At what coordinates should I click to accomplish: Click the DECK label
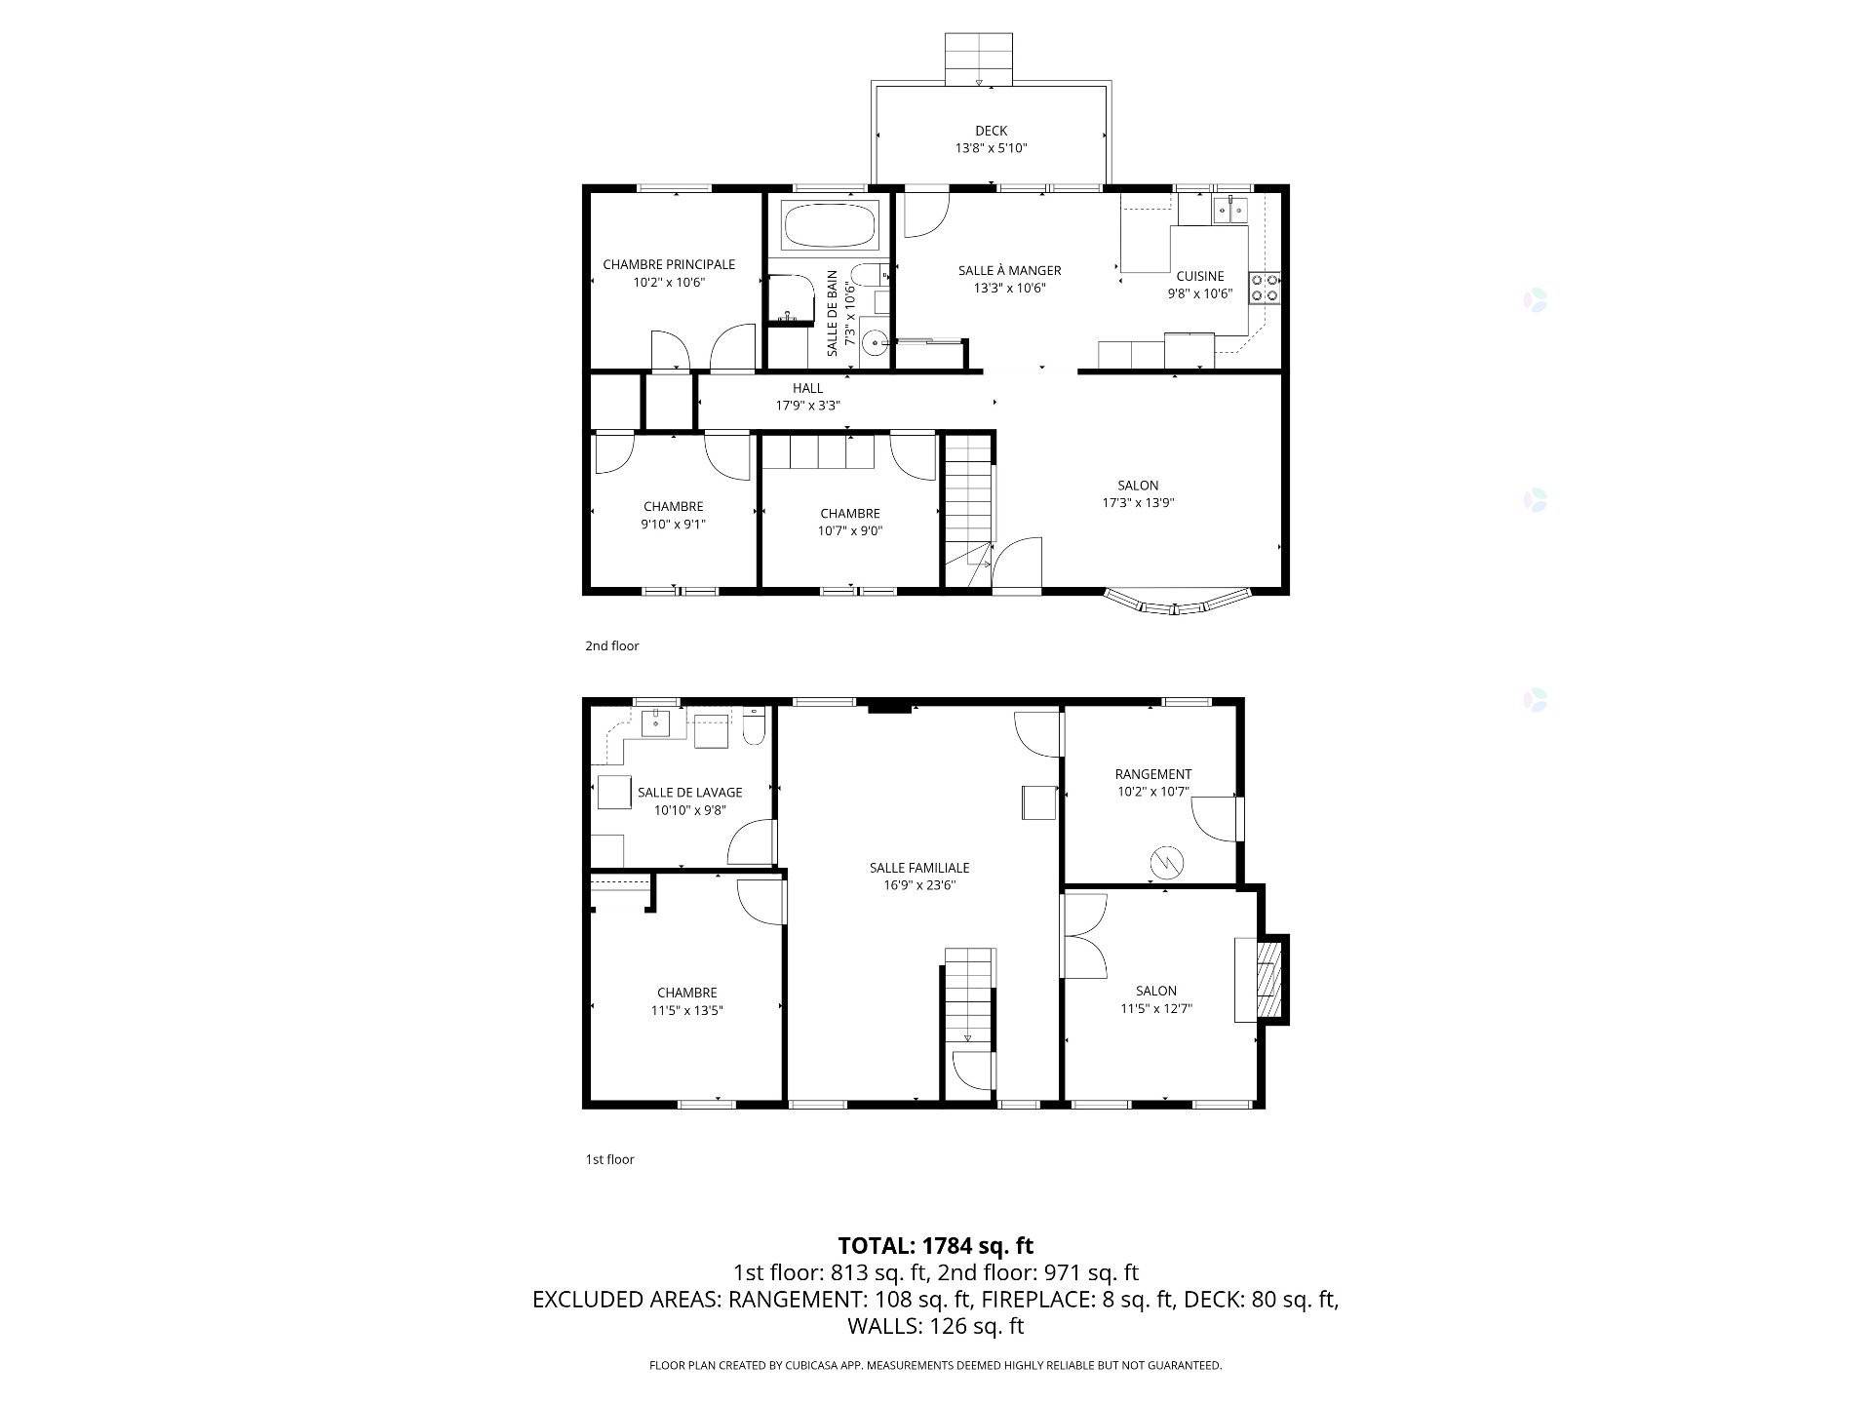tap(991, 131)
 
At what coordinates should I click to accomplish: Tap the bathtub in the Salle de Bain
tap(829, 226)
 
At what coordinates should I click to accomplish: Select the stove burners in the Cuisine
tap(1265, 289)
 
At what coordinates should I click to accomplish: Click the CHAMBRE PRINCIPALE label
tap(669, 264)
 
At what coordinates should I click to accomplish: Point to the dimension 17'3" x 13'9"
tap(1138, 503)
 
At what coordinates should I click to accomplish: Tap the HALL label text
tap(807, 388)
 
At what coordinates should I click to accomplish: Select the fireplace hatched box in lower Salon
tap(1268, 979)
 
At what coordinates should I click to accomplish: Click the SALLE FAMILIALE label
tap(919, 868)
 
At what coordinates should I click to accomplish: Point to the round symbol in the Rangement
tap(1166, 863)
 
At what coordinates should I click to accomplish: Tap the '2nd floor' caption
tap(612, 645)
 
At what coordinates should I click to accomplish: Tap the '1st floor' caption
tap(609, 1159)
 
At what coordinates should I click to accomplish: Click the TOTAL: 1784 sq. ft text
tap(935, 1245)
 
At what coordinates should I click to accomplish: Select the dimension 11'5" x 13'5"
tap(686, 1011)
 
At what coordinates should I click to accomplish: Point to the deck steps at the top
tap(980, 58)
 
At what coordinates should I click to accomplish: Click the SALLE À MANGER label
tap(1009, 270)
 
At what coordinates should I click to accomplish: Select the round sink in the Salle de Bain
tap(875, 342)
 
